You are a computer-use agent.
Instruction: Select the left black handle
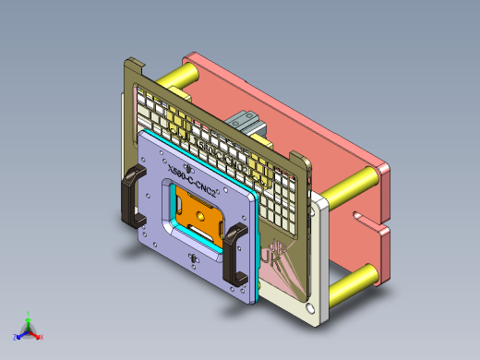(132, 197)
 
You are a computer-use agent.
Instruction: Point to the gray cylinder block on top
(247, 122)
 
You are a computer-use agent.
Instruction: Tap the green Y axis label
(30, 313)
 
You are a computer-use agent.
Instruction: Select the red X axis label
(42, 337)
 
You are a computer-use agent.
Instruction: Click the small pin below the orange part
(194, 259)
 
